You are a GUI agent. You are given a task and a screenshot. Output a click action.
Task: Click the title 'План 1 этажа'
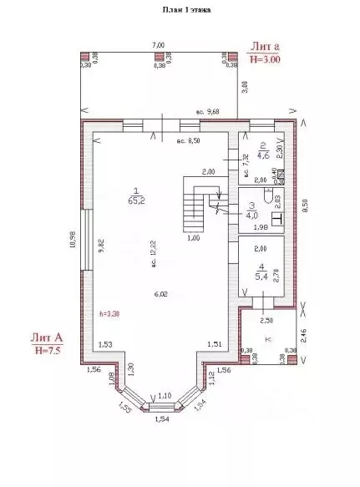point(185,10)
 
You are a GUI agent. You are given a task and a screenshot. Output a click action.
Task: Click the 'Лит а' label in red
point(264,47)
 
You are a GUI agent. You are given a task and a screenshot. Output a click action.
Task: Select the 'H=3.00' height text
point(266,59)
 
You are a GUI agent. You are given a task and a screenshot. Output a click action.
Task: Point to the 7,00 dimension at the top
point(157,44)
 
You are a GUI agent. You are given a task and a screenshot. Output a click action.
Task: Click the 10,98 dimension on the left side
point(73,246)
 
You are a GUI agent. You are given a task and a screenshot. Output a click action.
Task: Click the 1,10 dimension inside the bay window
point(165,394)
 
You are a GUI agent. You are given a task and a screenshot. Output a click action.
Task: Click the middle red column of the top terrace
point(157,58)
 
